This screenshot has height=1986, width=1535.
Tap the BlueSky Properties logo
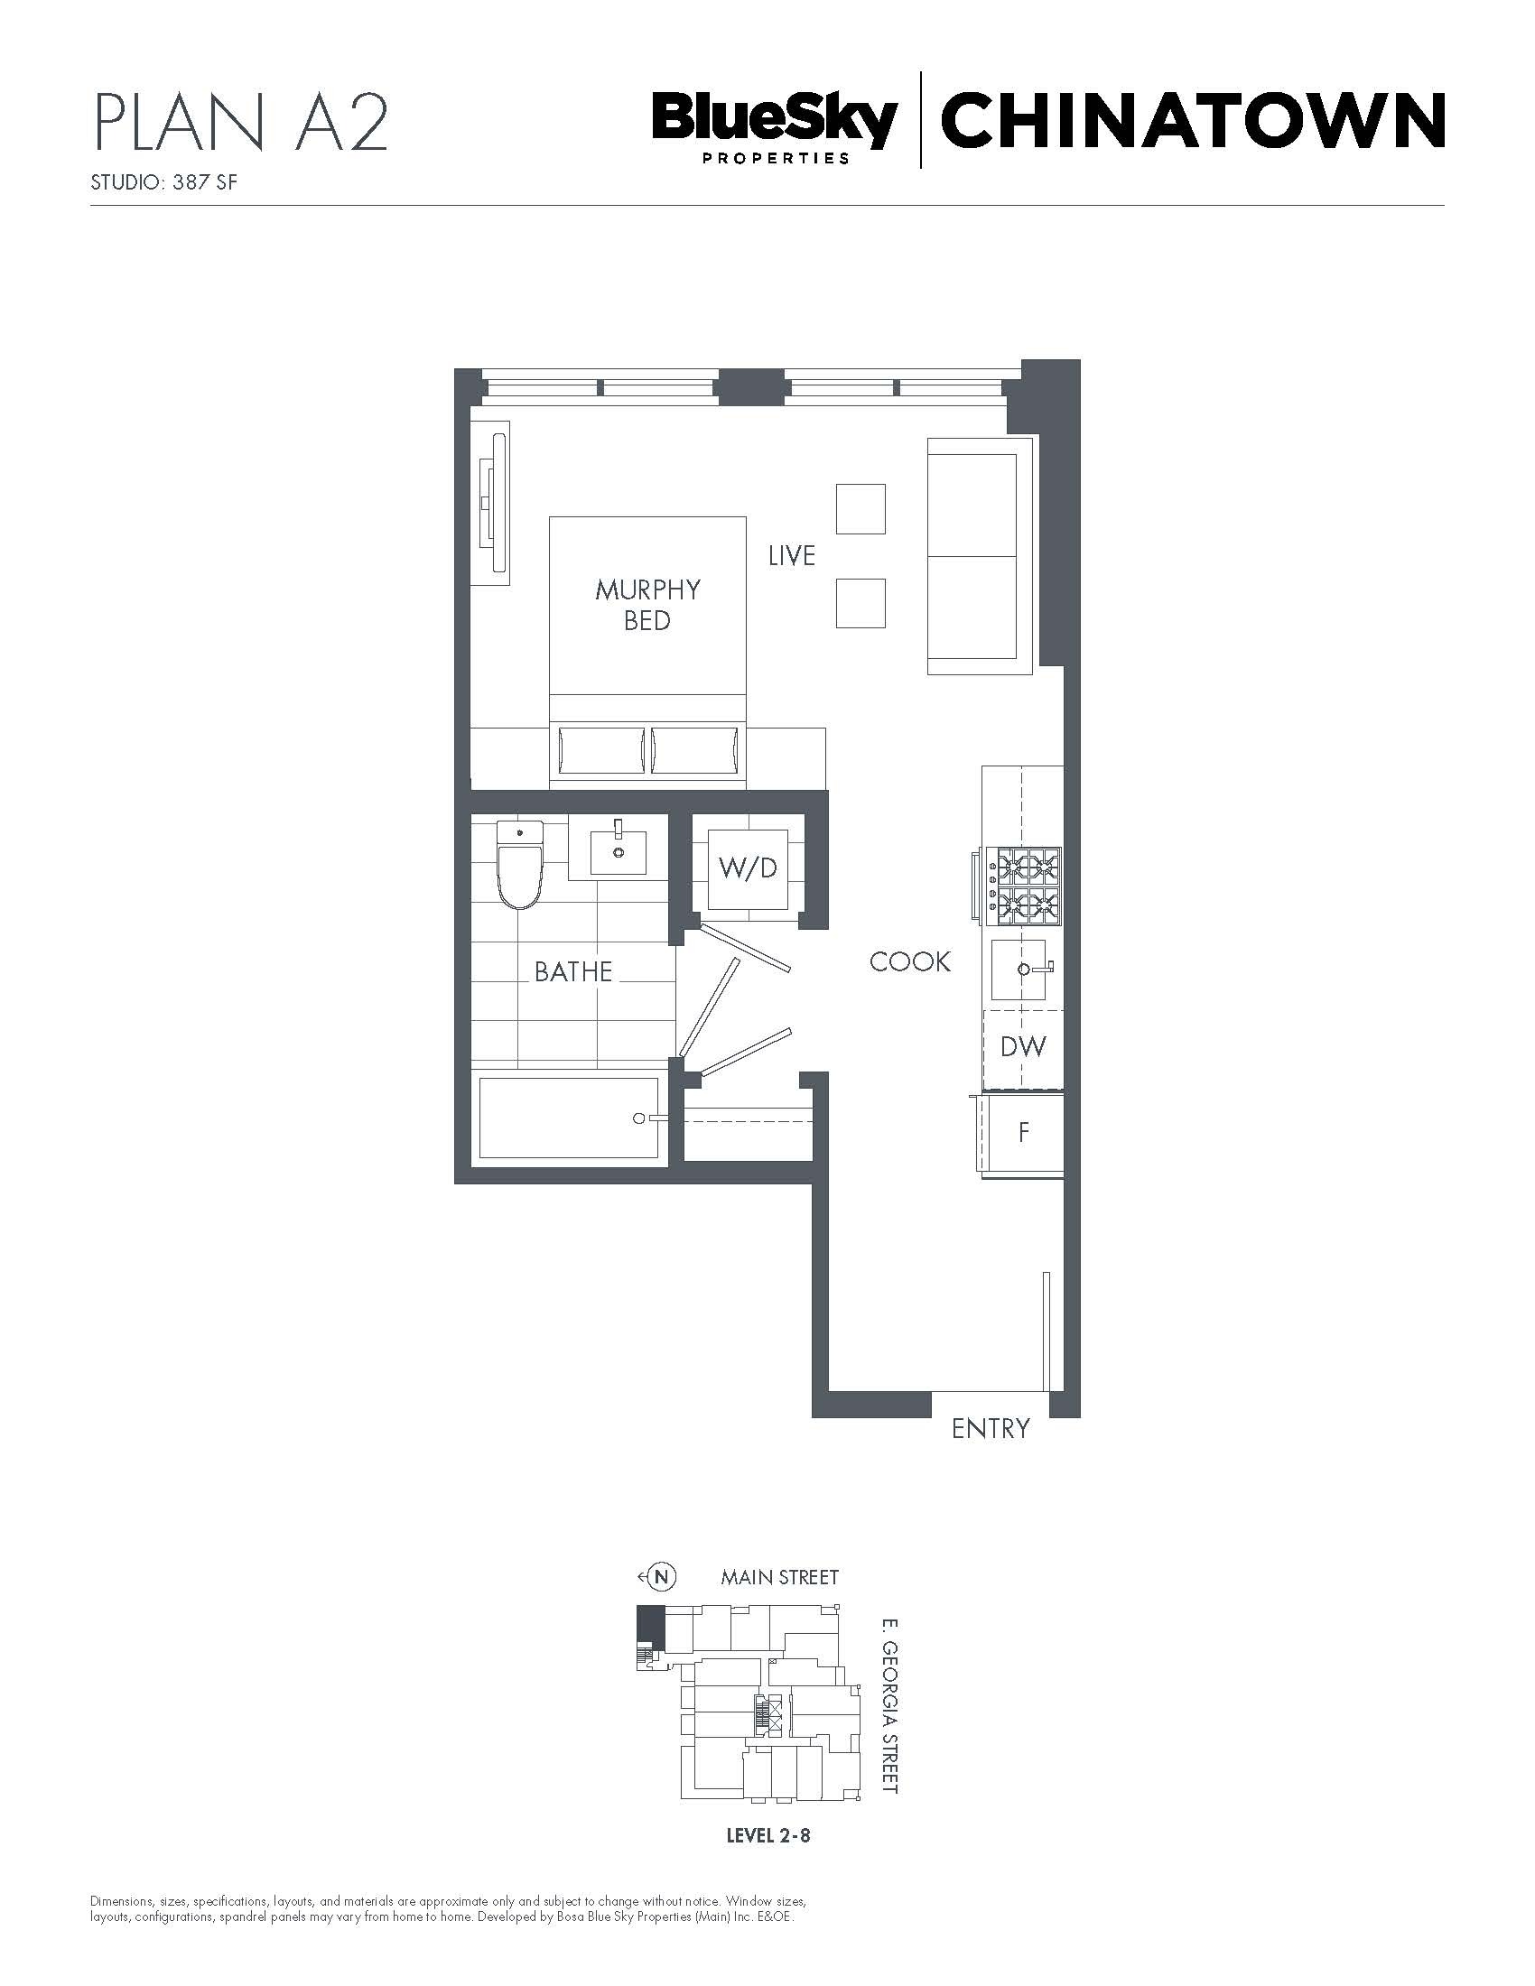click(x=775, y=127)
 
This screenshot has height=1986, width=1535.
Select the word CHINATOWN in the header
click(x=1192, y=120)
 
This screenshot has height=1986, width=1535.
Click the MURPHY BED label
click(x=647, y=605)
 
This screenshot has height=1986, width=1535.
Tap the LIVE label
click(x=791, y=555)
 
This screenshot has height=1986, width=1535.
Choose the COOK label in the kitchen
click(x=910, y=961)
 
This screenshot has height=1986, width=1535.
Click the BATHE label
click(x=572, y=971)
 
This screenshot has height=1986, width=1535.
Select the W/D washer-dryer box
click(x=749, y=869)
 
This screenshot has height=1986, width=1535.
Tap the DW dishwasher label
click(x=1023, y=1046)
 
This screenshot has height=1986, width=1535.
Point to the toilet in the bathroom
click(x=519, y=864)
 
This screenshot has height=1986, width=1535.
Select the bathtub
click(x=569, y=1118)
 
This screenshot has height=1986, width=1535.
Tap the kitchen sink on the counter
click(x=1020, y=970)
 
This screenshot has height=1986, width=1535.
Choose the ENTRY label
click(x=991, y=1429)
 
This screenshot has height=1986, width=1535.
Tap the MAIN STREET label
click(x=779, y=1577)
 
